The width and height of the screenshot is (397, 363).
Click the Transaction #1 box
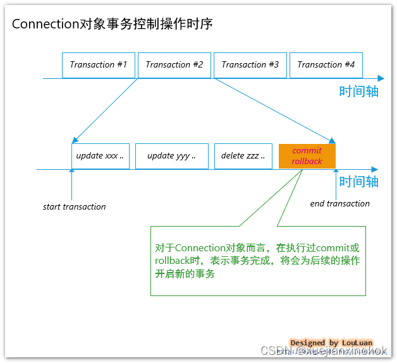point(99,65)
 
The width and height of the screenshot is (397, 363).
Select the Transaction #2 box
point(174,65)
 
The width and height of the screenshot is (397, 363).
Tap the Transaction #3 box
point(250,65)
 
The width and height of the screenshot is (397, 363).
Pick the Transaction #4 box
point(326,65)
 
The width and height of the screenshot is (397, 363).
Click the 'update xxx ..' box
point(101,156)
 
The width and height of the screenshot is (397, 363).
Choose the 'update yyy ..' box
point(172,156)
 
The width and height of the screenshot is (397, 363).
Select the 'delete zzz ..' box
point(243,156)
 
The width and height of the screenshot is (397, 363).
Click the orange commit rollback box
point(307,156)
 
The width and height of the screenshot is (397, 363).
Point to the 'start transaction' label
point(75,206)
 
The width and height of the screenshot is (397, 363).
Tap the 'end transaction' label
point(340,203)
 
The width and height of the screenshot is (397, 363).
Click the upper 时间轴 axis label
point(358,91)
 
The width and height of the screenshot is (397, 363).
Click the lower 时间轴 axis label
point(358,182)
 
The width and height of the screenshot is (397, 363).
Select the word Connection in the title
point(43,24)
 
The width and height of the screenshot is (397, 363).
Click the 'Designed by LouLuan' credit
point(331,343)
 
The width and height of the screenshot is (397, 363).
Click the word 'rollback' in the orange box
point(307,161)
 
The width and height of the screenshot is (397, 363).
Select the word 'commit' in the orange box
point(307,150)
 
